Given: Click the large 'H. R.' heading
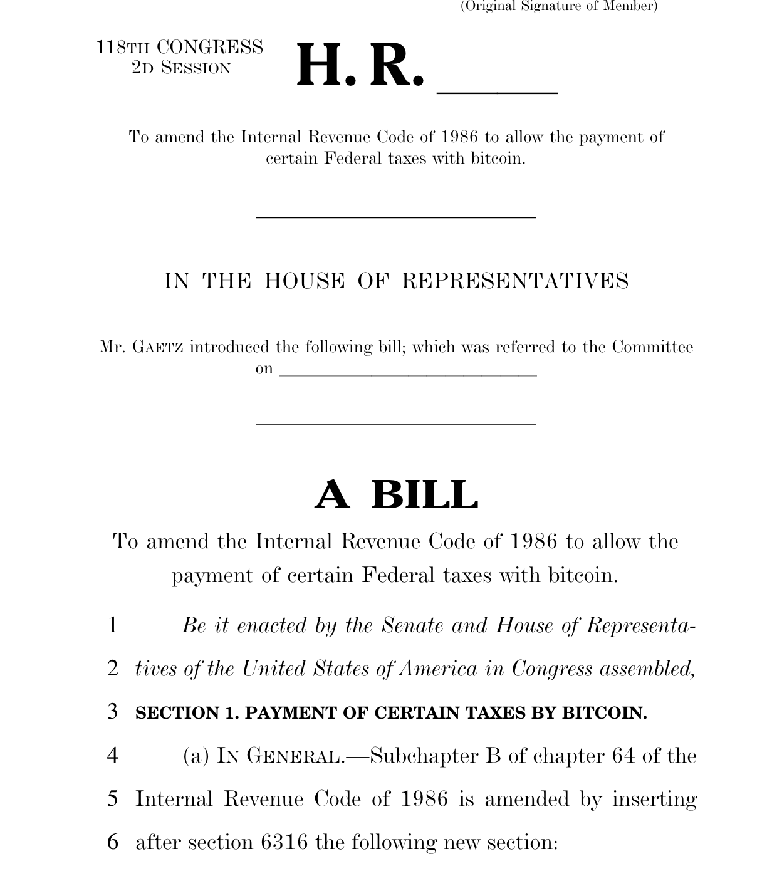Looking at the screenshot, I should pyautogui.click(x=359, y=66).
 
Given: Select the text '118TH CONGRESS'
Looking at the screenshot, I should pyautogui.click(x=179, y=48).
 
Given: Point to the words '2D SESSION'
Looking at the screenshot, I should pyautogui.click(x=181, y=68).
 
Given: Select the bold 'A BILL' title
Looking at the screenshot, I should pyautogui.click(x=396, y=495).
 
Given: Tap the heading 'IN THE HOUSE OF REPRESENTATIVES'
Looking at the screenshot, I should pyautogui.click(x=396, y=281).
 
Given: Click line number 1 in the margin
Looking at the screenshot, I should pyautogui.click(x=113, y=625).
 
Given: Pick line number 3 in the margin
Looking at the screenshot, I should pyautogui.click(x=113, y=712).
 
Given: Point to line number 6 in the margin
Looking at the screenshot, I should pyautogui.click(x=113, y=842).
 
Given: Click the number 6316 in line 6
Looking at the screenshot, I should pyautogui.click(x=284, y=842).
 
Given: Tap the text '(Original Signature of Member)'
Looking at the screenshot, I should pyautogui.click(x=559, y=6).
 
